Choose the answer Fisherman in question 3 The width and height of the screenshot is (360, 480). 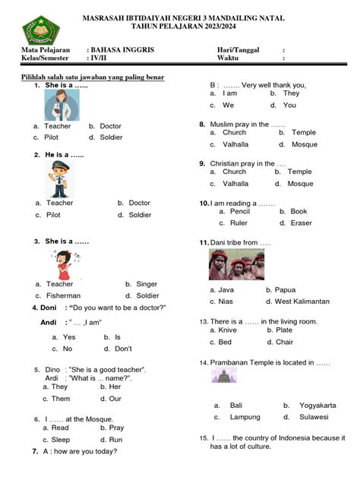coord(63,295)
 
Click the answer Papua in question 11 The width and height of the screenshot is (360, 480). coord(285,290)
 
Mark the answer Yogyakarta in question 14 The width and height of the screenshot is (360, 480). coord(314,406)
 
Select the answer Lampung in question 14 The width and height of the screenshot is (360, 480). coord(245,417)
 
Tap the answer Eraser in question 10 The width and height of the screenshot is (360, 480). coord(301,223)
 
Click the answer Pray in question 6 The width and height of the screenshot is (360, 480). coord(115,428)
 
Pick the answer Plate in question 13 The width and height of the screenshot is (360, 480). coord(284,330)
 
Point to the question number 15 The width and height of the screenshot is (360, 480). coord(204,438)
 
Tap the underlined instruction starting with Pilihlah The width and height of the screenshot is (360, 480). coord(94,77)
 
